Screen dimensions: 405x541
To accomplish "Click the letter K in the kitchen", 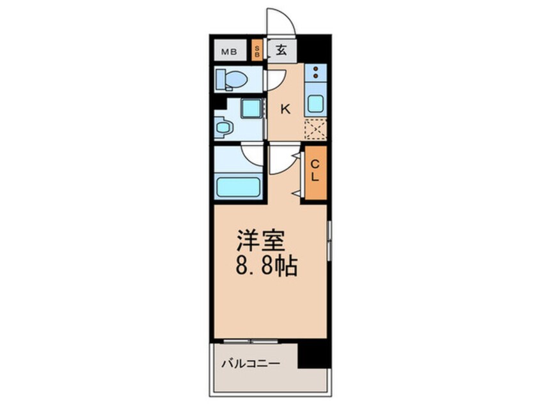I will click(x=285, y=109).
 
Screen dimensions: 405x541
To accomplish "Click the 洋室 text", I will click(x=257, y=241).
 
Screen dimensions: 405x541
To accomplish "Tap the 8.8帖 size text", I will click(x=267, y=266).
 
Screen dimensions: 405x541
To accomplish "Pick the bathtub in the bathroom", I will click(x=237, y=187).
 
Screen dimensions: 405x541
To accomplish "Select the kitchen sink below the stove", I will click(x=316, y=103).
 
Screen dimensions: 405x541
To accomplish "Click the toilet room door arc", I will click(x=275, y=79).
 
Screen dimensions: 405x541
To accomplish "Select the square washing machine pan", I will click(x=251, y=108).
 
